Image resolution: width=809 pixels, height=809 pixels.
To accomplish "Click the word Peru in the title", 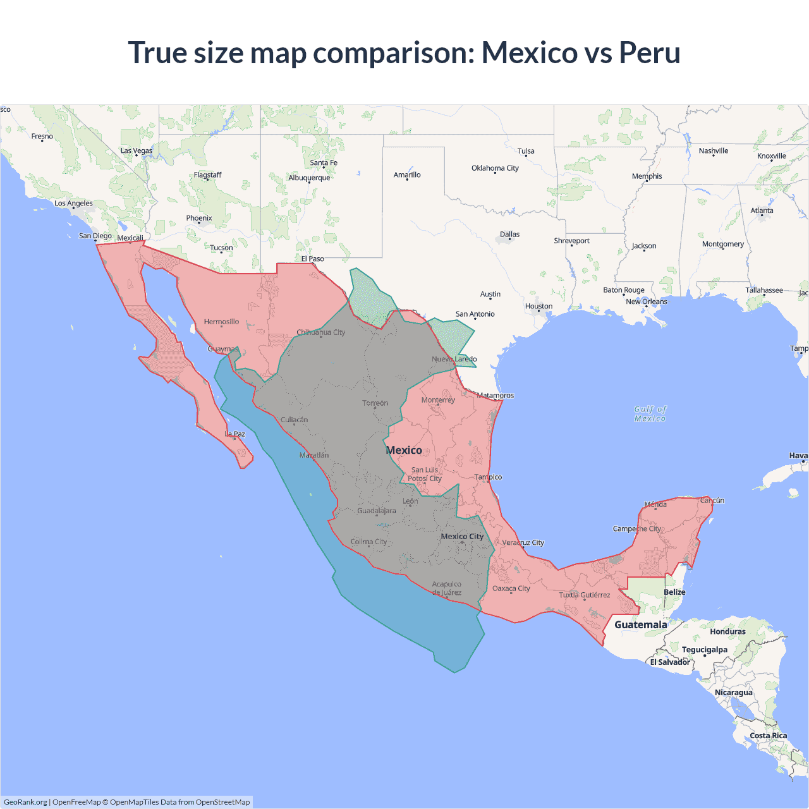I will click(x=649, y=52).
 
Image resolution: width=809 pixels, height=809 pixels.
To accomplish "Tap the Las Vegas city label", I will click(x=137, y=150).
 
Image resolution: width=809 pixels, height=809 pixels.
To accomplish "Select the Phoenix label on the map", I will click(x=199, y=218).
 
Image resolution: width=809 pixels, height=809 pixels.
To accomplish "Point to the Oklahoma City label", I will click(x=495, y=168).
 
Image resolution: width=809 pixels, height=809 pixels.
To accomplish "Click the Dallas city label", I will click(x=509, y=234).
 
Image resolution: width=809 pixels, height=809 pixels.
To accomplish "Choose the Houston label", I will click(x=538, y=307).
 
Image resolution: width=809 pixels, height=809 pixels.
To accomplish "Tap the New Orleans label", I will click(x=646, y=301).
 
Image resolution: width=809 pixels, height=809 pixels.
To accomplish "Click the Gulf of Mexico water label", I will click(x=650, y=414).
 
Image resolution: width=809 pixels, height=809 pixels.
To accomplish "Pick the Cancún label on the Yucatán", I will click(x=712, y=501).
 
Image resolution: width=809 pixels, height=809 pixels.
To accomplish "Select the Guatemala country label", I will click(x=640, y=624).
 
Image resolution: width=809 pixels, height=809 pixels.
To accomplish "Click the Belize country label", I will click(x=674, y=592).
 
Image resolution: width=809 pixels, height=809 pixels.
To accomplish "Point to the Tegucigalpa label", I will click(x=704, y=650).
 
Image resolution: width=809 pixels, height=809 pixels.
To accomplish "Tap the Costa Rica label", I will click(x=768, y=736).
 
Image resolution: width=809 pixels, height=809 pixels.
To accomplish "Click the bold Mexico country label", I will click(x=404, y=450).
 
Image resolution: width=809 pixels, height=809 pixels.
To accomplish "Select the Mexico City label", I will click(x=462, y=537).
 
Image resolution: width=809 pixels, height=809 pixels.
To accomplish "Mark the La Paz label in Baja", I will click(x=236, y=434).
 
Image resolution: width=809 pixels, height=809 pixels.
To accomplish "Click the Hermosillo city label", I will click(x=221, y=322).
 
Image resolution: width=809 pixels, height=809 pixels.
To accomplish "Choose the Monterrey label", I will click(x=438, y=400).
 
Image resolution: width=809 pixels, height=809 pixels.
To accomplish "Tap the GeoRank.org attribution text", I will click(x=25, y=802).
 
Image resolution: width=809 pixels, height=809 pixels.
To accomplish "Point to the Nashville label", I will click(x=713, y=151).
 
